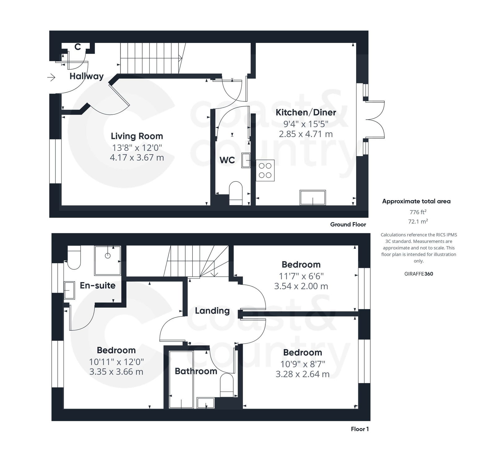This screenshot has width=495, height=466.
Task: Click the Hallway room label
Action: click(86, 76)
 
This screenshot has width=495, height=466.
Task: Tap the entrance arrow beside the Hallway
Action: click(51, 77)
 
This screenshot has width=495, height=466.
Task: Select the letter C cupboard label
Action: click(78, 47)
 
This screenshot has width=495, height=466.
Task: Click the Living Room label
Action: click(137, 136)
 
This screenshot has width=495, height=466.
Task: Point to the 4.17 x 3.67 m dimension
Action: click(137, 158)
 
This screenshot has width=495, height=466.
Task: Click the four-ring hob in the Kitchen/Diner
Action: click(265, 170)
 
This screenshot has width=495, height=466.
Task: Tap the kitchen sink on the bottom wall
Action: click(312, 197)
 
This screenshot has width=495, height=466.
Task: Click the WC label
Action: click(227, 160)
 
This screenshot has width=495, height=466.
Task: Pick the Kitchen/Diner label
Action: click(306, 112)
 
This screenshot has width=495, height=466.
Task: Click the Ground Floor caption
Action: click(348, 225)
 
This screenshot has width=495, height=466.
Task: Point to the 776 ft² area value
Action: click(418, 212)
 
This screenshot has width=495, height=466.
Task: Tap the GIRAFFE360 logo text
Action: click(419, 274)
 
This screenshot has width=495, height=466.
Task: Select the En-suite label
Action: click(97, 286)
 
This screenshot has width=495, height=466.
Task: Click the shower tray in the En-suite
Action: click(107, 261)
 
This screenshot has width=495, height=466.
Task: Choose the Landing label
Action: click(212, 311)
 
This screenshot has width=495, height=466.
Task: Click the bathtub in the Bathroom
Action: click(181, 380)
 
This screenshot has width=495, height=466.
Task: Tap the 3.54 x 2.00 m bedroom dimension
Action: click(301, 286)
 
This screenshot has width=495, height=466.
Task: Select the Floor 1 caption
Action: click(359, 429)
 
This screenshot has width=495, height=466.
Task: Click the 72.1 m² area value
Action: click(418, 222)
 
